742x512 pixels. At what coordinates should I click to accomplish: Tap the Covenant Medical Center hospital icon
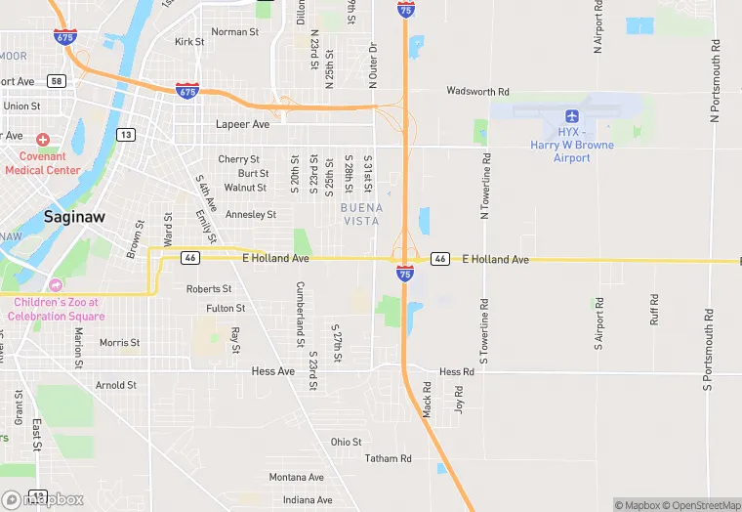click(42, 141)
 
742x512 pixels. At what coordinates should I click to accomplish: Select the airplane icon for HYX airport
click(572, 130)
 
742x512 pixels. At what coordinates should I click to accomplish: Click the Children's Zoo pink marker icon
click(55, 285)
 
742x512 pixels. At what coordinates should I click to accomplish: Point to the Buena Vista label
click(361, 214)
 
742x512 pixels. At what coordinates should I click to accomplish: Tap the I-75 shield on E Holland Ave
click(405, 273)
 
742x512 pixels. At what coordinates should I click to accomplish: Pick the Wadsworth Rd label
click(478, 92)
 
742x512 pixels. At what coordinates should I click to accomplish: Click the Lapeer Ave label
click(242, 125)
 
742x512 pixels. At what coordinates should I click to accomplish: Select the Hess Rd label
click(456, 372)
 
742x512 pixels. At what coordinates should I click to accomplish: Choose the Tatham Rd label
click(388, 458)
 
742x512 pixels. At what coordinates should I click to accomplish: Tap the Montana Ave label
click(296, 477)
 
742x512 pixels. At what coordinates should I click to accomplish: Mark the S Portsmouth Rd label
click(708, 347)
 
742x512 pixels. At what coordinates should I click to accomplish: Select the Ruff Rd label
click(654, 311)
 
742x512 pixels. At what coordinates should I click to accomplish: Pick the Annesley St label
click(251, 214)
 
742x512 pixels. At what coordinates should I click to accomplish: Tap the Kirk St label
click(189, 42)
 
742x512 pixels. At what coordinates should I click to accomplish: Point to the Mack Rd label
click(427, 399)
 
